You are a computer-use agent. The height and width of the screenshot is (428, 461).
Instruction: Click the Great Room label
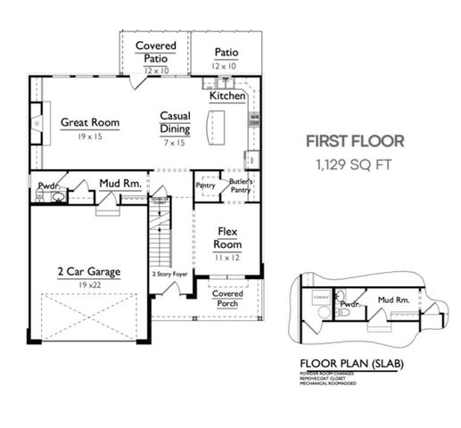(89, 122)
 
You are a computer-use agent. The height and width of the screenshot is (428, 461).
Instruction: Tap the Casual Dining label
(174, 122)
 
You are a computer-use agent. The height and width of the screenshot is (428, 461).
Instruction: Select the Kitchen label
(227, 95)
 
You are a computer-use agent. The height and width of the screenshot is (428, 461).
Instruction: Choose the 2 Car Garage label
(89, 272)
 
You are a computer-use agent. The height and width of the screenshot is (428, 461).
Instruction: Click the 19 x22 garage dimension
(89, 285)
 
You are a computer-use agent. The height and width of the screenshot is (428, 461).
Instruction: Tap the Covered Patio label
(155, 52)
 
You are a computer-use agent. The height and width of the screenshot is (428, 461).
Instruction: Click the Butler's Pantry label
(240, 185)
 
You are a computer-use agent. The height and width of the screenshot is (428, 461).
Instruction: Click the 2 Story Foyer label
(169, 274)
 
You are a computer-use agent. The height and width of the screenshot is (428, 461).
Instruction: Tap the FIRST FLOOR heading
(355, 141)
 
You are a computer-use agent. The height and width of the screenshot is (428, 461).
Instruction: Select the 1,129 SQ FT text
(355, 164)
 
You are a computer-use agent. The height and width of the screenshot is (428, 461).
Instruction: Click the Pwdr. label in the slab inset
(350, 303)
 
